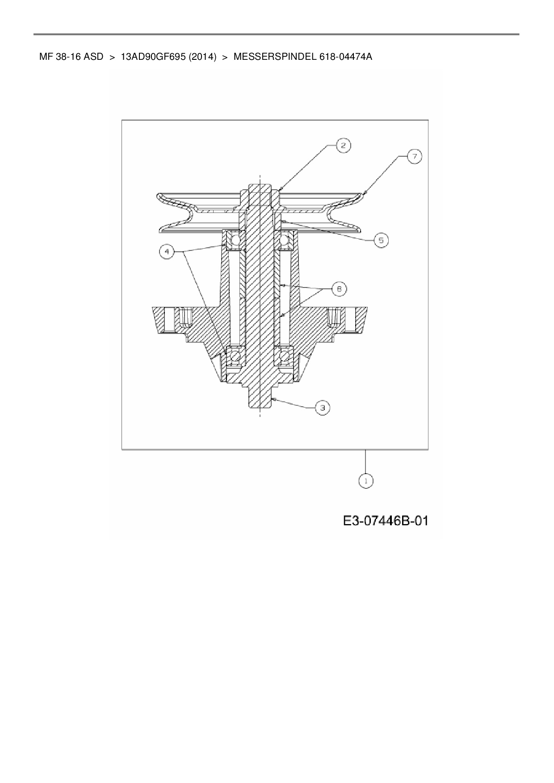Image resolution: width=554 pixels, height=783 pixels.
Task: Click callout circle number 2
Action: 344,146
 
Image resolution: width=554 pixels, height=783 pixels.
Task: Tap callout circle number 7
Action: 415,157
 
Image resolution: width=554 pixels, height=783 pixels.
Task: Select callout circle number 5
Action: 381,240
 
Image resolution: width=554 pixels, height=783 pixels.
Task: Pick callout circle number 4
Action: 167,252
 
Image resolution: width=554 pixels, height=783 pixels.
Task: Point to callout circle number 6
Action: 339,289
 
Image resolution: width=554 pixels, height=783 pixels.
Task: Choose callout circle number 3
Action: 323,408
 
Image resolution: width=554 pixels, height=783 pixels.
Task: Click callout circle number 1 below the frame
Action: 366,481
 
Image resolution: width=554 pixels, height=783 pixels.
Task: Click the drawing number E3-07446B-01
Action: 386,521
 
